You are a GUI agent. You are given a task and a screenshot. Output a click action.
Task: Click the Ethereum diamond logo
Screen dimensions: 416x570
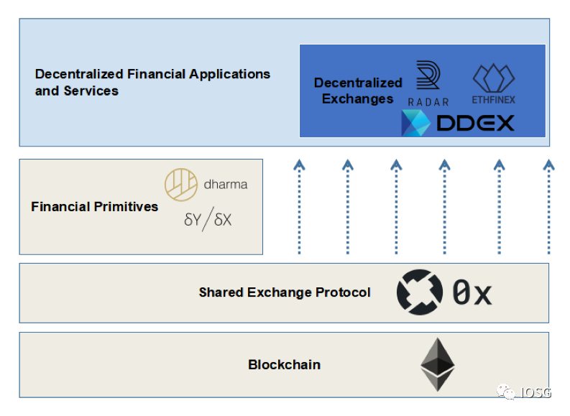437,364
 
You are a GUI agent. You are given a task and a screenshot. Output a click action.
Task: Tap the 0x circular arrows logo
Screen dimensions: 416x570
420,292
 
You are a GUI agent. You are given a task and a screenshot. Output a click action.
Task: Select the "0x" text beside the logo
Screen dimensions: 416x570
472,293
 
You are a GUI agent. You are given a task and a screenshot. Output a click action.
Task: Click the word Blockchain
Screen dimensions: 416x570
284,364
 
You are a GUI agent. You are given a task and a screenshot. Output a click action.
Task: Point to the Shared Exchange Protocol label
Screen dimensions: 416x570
285,292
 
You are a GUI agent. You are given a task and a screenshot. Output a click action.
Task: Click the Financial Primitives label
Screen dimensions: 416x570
94,207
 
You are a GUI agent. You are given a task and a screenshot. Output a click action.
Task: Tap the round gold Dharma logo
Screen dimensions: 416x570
181,185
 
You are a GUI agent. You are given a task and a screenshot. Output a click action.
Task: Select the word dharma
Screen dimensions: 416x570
226,185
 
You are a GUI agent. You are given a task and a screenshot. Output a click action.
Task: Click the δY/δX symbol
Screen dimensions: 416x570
208,220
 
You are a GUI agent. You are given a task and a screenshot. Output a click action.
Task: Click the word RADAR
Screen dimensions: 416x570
428,102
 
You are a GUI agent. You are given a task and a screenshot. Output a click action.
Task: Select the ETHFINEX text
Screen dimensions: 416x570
494,99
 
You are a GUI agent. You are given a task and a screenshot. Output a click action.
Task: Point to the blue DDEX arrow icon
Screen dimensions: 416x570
415,124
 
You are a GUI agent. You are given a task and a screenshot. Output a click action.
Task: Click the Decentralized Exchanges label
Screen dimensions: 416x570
358,91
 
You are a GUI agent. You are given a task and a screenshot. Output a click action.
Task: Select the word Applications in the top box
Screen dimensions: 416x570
229,74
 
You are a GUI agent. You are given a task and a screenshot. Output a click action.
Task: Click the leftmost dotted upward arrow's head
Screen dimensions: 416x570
300,165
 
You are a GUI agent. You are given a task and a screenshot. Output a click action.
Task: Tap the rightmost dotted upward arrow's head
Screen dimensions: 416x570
549,165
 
